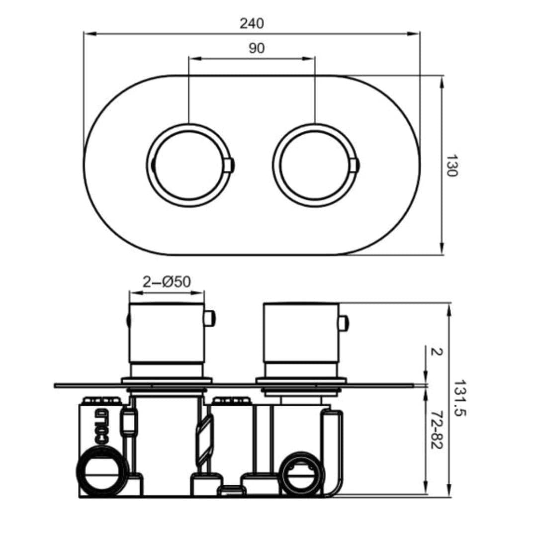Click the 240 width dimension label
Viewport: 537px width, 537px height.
click(x=252, y=23)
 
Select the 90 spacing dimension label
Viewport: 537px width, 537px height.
click(x=257, y=48)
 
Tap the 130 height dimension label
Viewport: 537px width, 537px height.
click(x=450, y=166)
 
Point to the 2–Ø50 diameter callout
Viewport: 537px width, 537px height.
click(x=167, y=282)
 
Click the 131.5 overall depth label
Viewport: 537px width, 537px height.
click(x=459, y=398)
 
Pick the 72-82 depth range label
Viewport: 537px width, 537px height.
click(x=436, y=430)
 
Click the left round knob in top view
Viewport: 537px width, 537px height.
click(x=188, y=165)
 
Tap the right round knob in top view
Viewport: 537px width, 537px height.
click(x=315, y=165)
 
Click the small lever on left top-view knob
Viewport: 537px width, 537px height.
click(x=229, y=165)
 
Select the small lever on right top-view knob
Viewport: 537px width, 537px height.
click(x=355, y=165)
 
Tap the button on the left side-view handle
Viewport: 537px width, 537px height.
click(x=209, y=318)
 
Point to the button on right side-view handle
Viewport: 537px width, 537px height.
click(x=343, y=323)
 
